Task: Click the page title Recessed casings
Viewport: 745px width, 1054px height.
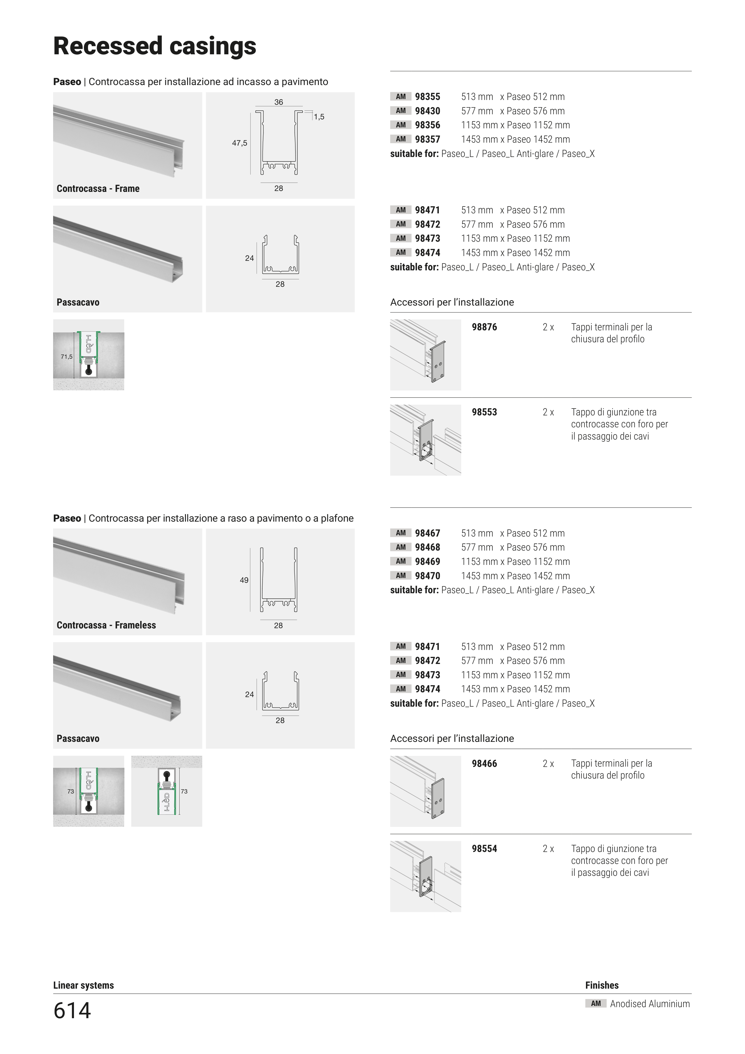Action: point(155,46)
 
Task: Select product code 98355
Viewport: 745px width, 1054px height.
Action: point(427,97)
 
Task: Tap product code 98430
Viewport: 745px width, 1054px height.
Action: point(427,111)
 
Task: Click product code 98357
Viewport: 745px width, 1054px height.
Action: point(427,140)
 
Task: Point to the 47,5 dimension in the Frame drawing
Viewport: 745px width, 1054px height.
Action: point(239,143)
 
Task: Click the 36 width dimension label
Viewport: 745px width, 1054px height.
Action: point(279,102)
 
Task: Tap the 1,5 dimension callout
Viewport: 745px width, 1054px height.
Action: point(319,117)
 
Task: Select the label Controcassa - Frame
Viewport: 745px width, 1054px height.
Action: point(98,189)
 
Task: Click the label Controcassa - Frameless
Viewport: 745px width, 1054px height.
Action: point(106,625)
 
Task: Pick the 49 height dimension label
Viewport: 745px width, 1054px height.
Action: point(244,580)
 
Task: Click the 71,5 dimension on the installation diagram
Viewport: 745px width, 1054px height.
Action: point(67,357)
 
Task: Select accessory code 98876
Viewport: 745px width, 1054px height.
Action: point(484,327)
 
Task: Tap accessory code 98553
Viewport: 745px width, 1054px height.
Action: point(484,412)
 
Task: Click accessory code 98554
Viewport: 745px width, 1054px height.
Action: point(484,849)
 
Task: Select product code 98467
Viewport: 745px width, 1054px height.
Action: point(427,534)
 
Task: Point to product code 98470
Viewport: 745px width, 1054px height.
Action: point(427,576)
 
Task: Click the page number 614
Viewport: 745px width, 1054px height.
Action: point(72,1010)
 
